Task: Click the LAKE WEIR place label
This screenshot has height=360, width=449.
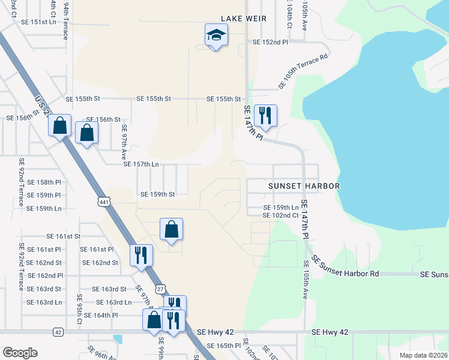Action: (x=243, y=19)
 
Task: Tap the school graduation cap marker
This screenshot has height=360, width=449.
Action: (x=216, y=35)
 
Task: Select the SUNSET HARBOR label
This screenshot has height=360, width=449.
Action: (x=304, y=186)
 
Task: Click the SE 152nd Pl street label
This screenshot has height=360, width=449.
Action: (x=270, y=43)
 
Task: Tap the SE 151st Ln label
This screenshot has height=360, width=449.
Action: (x=38, y=22)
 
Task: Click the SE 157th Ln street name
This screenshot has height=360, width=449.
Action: (x=141, y=164)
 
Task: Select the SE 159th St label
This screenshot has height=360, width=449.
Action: (x=157, y=194)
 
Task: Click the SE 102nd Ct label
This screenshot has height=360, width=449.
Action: (x=281, y=215)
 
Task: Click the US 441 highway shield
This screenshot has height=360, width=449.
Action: (x=104, y=203)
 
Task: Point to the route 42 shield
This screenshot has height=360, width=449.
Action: (x=58, y=332)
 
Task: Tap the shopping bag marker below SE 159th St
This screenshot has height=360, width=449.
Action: (x=171, y=229)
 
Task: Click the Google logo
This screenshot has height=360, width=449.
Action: (x=20, y=353)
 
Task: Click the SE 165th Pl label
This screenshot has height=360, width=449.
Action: (x=223, y=346)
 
